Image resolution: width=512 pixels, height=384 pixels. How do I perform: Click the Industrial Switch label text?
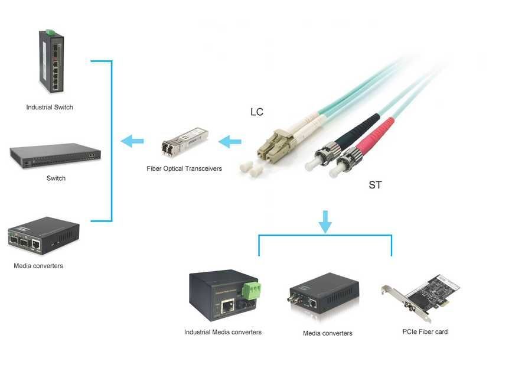[x=50, y=108]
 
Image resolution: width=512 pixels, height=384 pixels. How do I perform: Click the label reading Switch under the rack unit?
[x=56, y=178]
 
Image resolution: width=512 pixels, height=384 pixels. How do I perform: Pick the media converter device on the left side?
[x=43, y=236]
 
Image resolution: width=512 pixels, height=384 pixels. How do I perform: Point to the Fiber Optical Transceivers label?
[x=184, y=169]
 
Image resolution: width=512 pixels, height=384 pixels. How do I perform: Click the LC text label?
[x=257, y=112]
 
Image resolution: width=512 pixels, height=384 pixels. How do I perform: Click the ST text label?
[x=375, y=186]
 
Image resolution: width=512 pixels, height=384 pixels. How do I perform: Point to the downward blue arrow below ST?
[x=325, y=221]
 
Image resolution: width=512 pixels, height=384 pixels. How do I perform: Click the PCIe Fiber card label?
[x=425, y=332]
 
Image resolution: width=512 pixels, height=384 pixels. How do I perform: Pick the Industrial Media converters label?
[x=223, y=332]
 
